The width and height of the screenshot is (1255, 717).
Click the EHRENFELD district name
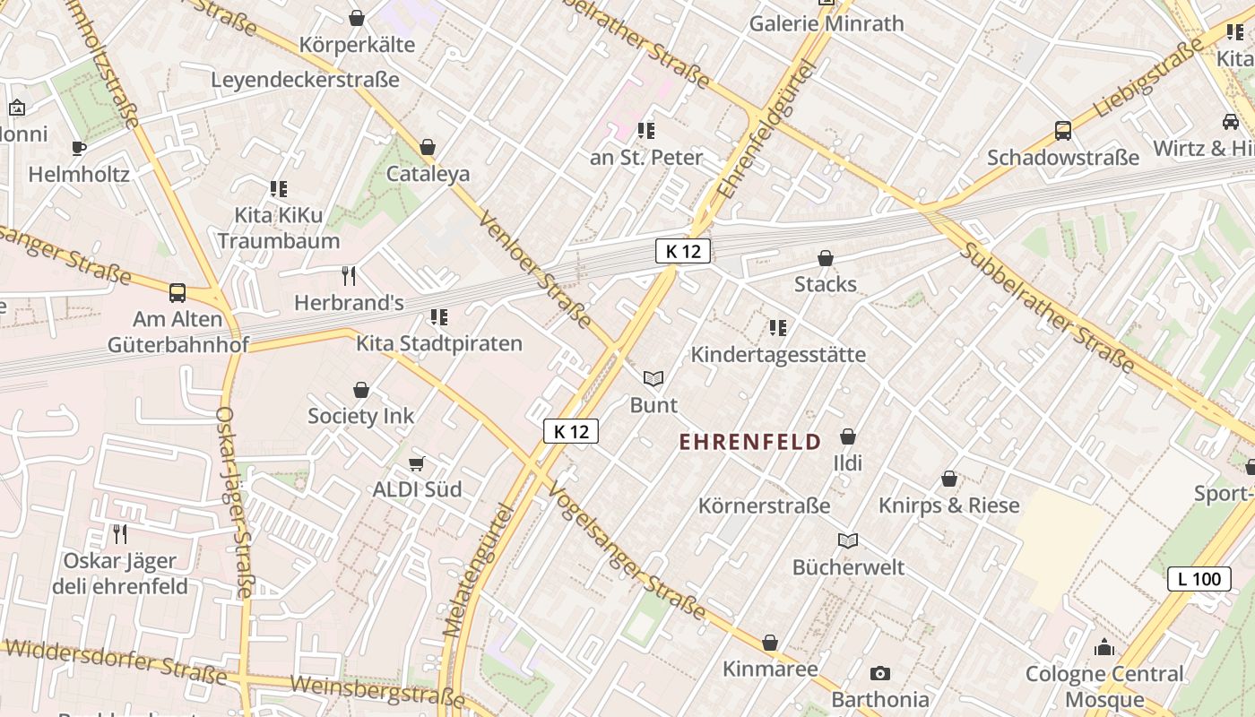(749, 442)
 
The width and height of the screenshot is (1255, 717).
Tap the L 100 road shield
(1199, 579)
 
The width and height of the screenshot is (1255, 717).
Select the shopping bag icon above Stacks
(826, 259)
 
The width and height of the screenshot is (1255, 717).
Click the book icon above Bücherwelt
(847, 540)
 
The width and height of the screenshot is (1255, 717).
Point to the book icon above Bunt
(653, 379)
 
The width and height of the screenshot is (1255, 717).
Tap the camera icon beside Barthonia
(879, 673)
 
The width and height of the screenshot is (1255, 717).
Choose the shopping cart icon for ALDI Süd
(416, 463)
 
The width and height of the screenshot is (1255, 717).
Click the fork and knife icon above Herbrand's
(349, 275)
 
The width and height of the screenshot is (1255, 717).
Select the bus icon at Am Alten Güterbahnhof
(177, 292)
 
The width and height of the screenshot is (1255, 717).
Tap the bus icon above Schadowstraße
(1062, 131)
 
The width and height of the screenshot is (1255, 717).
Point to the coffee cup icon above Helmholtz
(79, 148)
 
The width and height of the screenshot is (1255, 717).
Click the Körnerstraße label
(764, 505)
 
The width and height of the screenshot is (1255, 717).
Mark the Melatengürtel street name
(477, 570)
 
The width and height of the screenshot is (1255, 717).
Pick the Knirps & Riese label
(948, 505)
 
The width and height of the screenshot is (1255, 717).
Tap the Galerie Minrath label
(826, 24)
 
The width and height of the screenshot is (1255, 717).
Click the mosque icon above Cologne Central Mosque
(1104, 647)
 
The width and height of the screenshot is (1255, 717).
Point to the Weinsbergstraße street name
(377, 691)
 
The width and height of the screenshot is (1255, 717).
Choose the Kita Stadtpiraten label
(438, 343)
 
